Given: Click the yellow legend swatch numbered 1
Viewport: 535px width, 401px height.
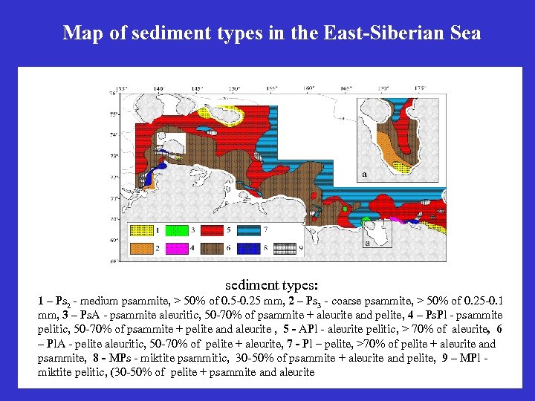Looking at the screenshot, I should (x=140, y=231).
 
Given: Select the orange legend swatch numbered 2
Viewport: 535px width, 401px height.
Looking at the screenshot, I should (x=140, y=247).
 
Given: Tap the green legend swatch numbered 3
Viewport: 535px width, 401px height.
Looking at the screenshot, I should (x=176, y=231).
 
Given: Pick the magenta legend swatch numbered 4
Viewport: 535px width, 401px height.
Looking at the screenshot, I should (x=176, y=247).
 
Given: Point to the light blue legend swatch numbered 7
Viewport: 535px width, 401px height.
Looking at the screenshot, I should (x=249, y=231).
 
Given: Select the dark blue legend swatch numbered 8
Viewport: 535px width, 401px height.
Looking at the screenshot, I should (x=249, y=247).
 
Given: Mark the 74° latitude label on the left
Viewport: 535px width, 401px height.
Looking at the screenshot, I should (x=113, y=136).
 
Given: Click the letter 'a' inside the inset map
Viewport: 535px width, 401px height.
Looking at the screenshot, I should (x=364, y=175).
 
